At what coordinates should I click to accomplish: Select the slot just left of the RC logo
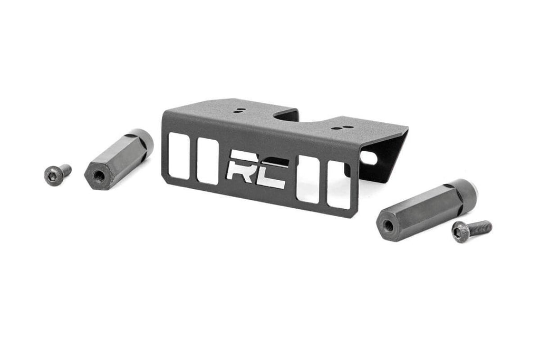208,161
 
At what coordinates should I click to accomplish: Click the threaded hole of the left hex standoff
98,176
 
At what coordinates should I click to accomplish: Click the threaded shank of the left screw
65,170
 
